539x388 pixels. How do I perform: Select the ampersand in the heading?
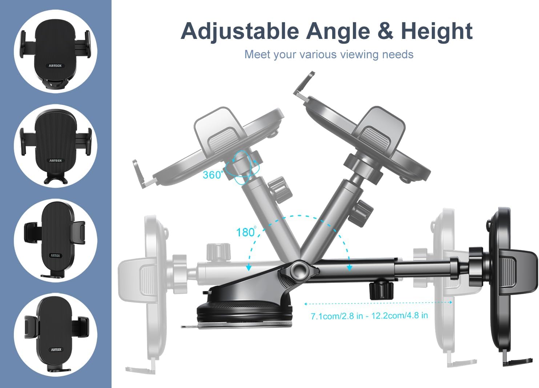pyautogui.click(x=385, y=31)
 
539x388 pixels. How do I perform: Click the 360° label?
pyautogui.click(x=213, y=175)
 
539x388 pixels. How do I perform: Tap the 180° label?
pyautogui.click(x=246, y=232)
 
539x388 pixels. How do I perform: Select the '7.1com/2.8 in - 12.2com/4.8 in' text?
pyautogui.click(x=369, y=316)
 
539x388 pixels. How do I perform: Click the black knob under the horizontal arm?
pyautogui.click(x=381, y=291)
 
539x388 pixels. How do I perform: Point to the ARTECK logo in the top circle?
pyautogui.click(x=55, y=65)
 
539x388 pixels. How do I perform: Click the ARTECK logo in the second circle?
pyautogui.click(x=56, y=160)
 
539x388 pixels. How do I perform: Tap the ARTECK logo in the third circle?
pyautogui.click(x=55, y=255)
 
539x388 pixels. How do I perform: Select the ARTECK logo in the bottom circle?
pyautogui.click(x=56, y=349)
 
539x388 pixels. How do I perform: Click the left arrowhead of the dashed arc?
pyautogui.click(x=249, y=268)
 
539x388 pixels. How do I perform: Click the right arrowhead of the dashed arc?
pyautogui.click(x=349, y=268)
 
